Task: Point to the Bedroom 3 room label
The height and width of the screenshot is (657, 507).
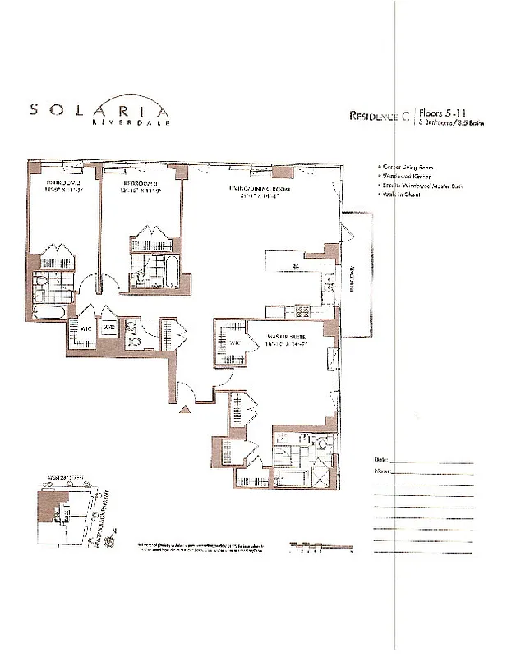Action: tap(139, 183)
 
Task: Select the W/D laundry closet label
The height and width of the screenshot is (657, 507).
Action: tap(109, 328)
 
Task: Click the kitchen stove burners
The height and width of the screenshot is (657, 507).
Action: tap(301, 310)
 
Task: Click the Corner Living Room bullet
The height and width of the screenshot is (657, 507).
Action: tap(403, 167)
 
